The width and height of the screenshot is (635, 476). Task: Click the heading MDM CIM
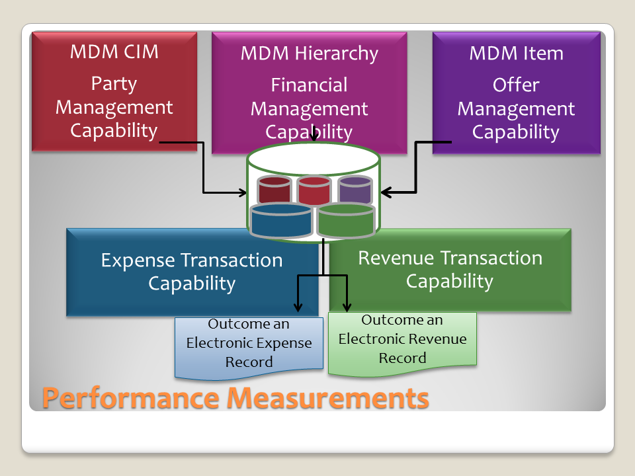(x=114, y=52)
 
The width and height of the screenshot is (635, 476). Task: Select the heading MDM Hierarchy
(x=309, y=54)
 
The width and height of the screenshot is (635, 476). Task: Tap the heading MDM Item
(x=516, y=54)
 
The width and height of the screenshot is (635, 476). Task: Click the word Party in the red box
(x=114, y=84)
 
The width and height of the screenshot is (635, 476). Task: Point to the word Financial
(x=309, y=85)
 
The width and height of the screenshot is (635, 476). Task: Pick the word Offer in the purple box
(x=516, y=85)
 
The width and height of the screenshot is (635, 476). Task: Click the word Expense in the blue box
(x=138, y=260)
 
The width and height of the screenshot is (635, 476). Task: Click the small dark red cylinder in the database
(x=275, y=190)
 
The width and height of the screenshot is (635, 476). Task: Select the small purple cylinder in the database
(x=355, y=190)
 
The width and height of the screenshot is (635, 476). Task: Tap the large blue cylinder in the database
(x=281, y=221)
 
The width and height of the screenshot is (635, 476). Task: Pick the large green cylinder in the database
(x=345, y=221)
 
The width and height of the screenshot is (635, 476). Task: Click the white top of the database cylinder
(x=313, y=159)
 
